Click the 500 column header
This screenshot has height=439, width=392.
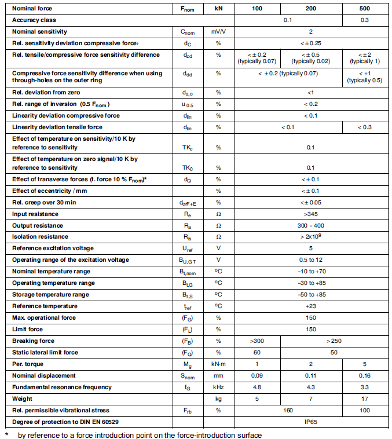[364, 9]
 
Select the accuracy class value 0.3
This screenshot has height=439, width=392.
[364, 20]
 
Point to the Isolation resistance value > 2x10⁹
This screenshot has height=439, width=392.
[310, 236]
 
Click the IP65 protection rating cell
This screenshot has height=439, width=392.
[310, 421]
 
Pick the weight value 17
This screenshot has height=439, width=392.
[364, 398]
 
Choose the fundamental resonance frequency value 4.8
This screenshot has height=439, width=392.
[257, 387]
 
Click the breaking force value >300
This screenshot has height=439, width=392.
[257, 341]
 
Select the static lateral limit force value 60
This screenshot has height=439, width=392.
[257, 352]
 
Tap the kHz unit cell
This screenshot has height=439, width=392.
[218, 387]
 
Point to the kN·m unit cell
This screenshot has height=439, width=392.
[218, 364]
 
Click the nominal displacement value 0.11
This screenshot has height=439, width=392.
[310, 375]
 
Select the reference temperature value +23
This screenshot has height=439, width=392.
[310, 306]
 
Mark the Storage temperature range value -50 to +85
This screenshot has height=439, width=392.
[310, 294]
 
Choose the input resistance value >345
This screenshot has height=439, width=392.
[310, 214]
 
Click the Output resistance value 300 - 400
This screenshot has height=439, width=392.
[310, 225]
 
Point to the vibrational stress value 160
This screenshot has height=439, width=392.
[284, 410]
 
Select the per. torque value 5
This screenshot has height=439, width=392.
[364, 364]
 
